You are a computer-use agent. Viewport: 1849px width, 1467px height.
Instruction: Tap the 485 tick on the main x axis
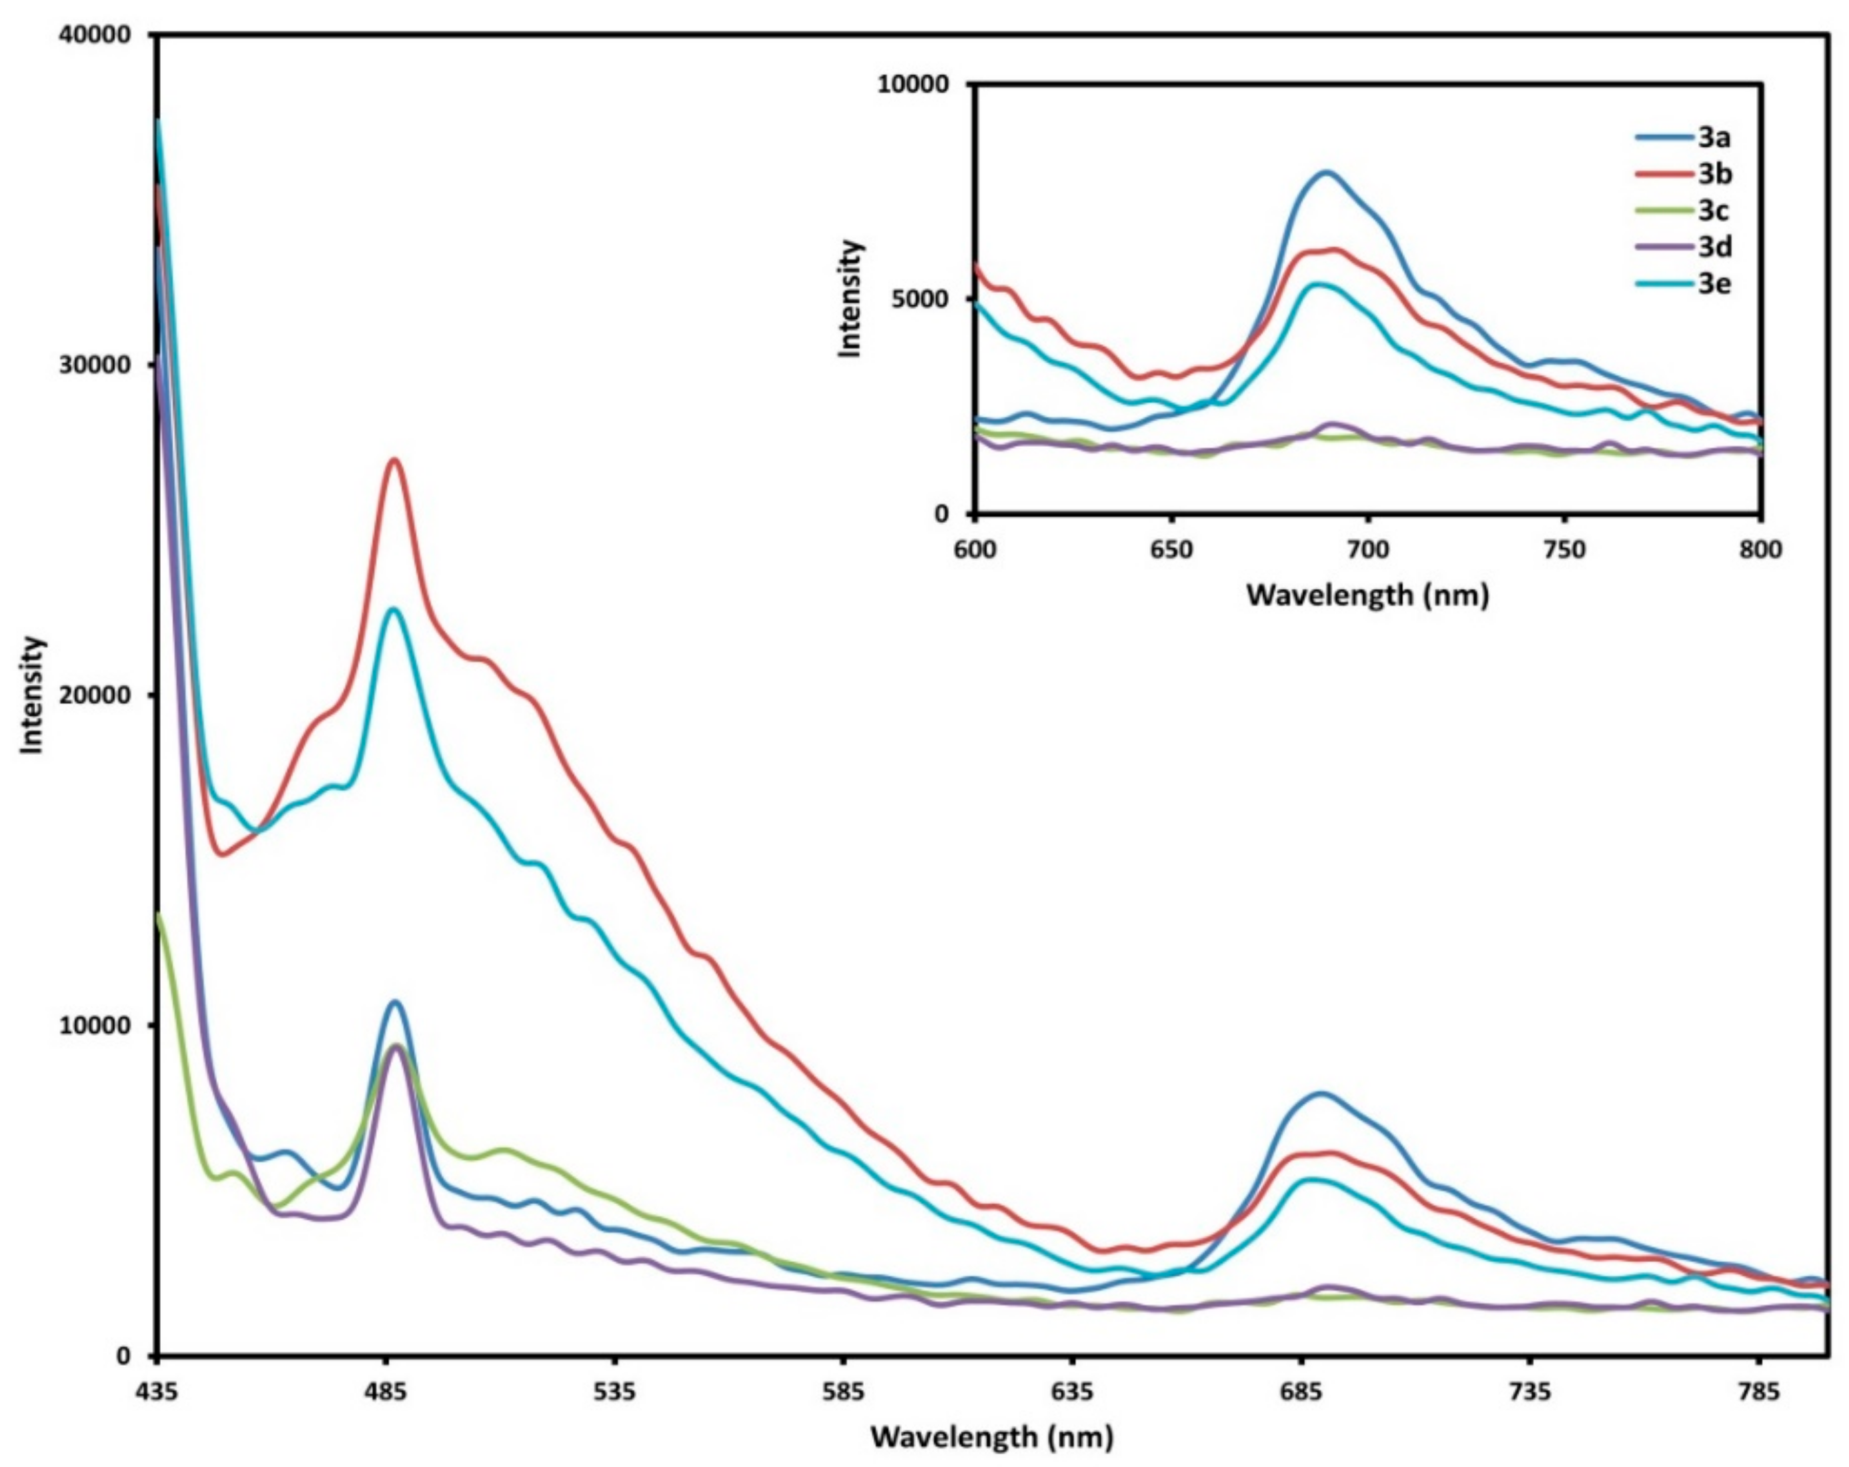pos(386,1390)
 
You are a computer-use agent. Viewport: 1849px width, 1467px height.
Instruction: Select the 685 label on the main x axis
pos(1301,1390)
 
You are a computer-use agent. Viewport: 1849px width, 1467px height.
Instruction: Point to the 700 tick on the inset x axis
pos(1368,549)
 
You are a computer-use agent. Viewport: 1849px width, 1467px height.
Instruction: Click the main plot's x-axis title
pos(993,1436)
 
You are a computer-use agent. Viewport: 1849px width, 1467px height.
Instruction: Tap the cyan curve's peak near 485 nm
pos(394,609)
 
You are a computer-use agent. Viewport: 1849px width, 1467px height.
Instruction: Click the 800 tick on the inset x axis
pos(1760,549)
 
